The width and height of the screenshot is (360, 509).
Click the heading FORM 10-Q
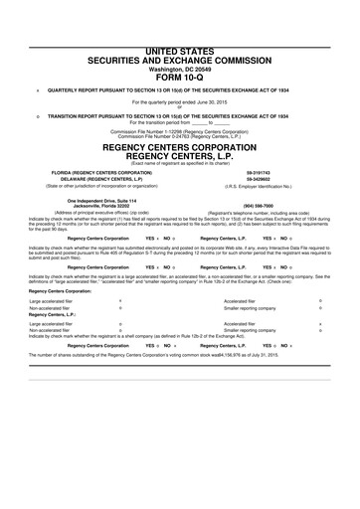tap(180, 76)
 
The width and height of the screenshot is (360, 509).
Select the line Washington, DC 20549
tap(180, 68)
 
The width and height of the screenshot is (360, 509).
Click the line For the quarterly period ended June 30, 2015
tap(180, 101)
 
